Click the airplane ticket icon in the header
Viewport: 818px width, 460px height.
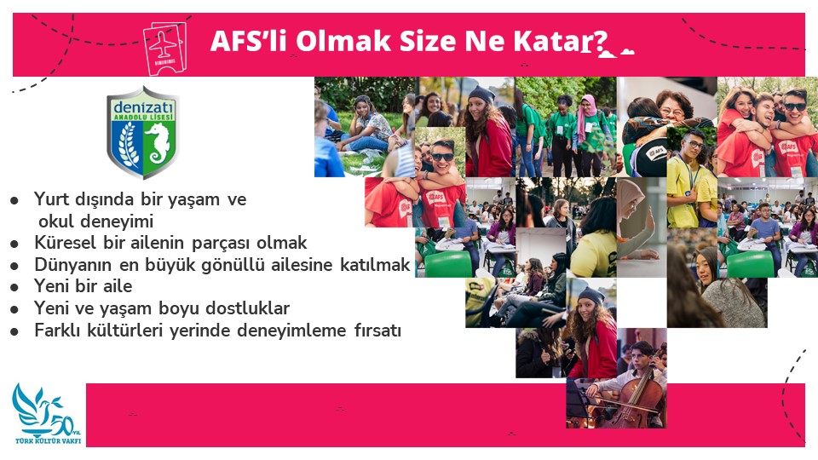pos(164,48)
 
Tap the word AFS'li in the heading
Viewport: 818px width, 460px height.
pos(248,41)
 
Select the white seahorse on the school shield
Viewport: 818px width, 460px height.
pos(158,142)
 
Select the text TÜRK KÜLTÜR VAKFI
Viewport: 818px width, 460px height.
pos(48,441)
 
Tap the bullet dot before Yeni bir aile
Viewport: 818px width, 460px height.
pos(14,287)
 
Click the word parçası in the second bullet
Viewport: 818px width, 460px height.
pos(221,244)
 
